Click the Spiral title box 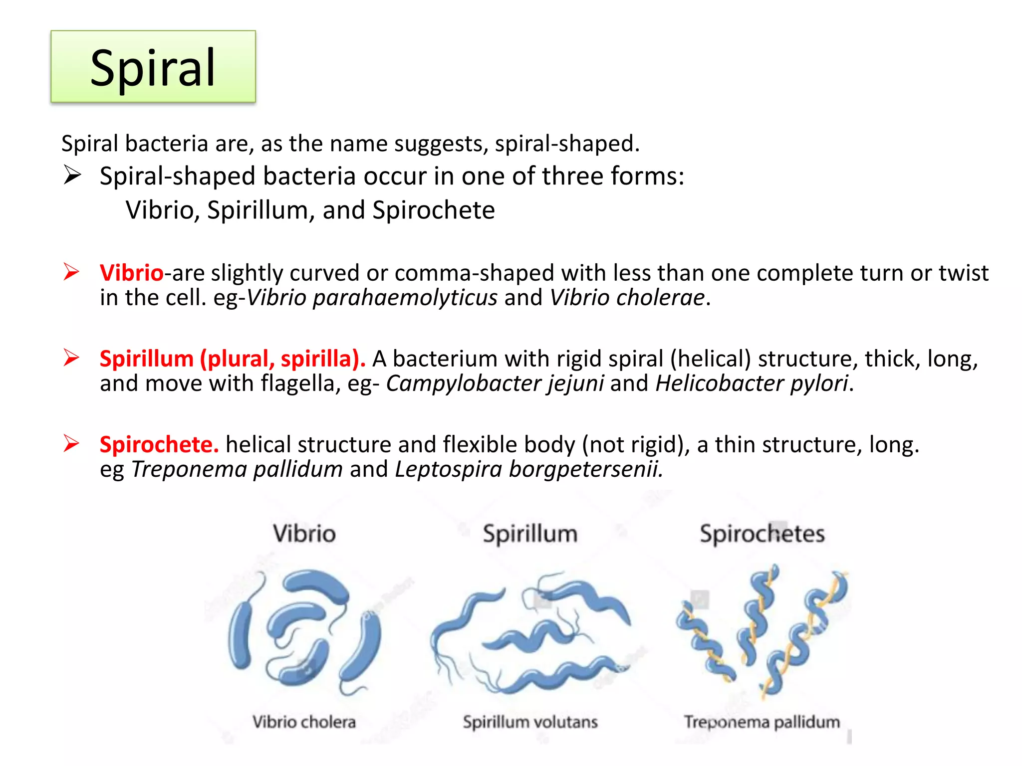pyautogui.click(x=153, y=67)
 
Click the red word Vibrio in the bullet pyautogui.click(x=131, y=273)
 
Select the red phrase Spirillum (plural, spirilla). pyautogui.click(x=232, y=359)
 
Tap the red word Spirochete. pyautogui.click(x=159, y=445)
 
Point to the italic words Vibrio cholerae pyautogui.click(x=627, y=298)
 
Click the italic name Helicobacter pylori pyautogui.click(x=752, y=384)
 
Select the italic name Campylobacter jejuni pyautogui.click(x=495, y=384)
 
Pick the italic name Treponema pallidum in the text pyautogui.click(x=237, y=470)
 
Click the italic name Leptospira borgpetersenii pyautogui.click(x=528, y=470)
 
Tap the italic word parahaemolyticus pyautogui.click(x=405, y=298)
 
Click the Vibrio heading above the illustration pyautogui.click(x=304, y=534)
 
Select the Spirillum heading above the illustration pyautogui.click(x=530, y=534)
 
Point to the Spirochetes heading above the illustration pyautogui.click(x=762, y=534)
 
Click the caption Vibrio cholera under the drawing pyautogui.click(x=304, y=722)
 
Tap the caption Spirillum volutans pyautogui.click(x=530, y=722)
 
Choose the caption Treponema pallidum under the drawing pyautogui.click(x=762, y=722)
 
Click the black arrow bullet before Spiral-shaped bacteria pyautogui.click(x=72, y=176)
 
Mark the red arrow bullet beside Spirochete pyautogui.click(x=71, y=443)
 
